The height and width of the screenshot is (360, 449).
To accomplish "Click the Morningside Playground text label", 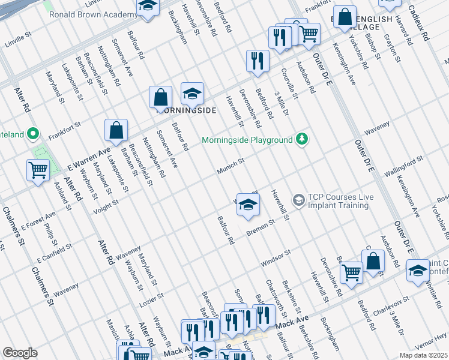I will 247,140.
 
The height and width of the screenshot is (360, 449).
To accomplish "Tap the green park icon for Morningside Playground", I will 303,139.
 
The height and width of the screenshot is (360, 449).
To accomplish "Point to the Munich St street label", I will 231,166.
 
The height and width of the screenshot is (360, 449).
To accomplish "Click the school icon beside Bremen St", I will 248,205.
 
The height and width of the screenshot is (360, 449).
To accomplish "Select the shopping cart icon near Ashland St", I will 38,170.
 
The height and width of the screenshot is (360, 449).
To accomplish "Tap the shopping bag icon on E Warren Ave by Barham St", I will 116,130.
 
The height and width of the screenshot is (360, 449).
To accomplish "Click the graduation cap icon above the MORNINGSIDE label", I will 193,94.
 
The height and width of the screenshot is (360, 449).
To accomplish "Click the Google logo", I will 20,352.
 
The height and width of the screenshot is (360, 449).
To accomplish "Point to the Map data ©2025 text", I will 423,355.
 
